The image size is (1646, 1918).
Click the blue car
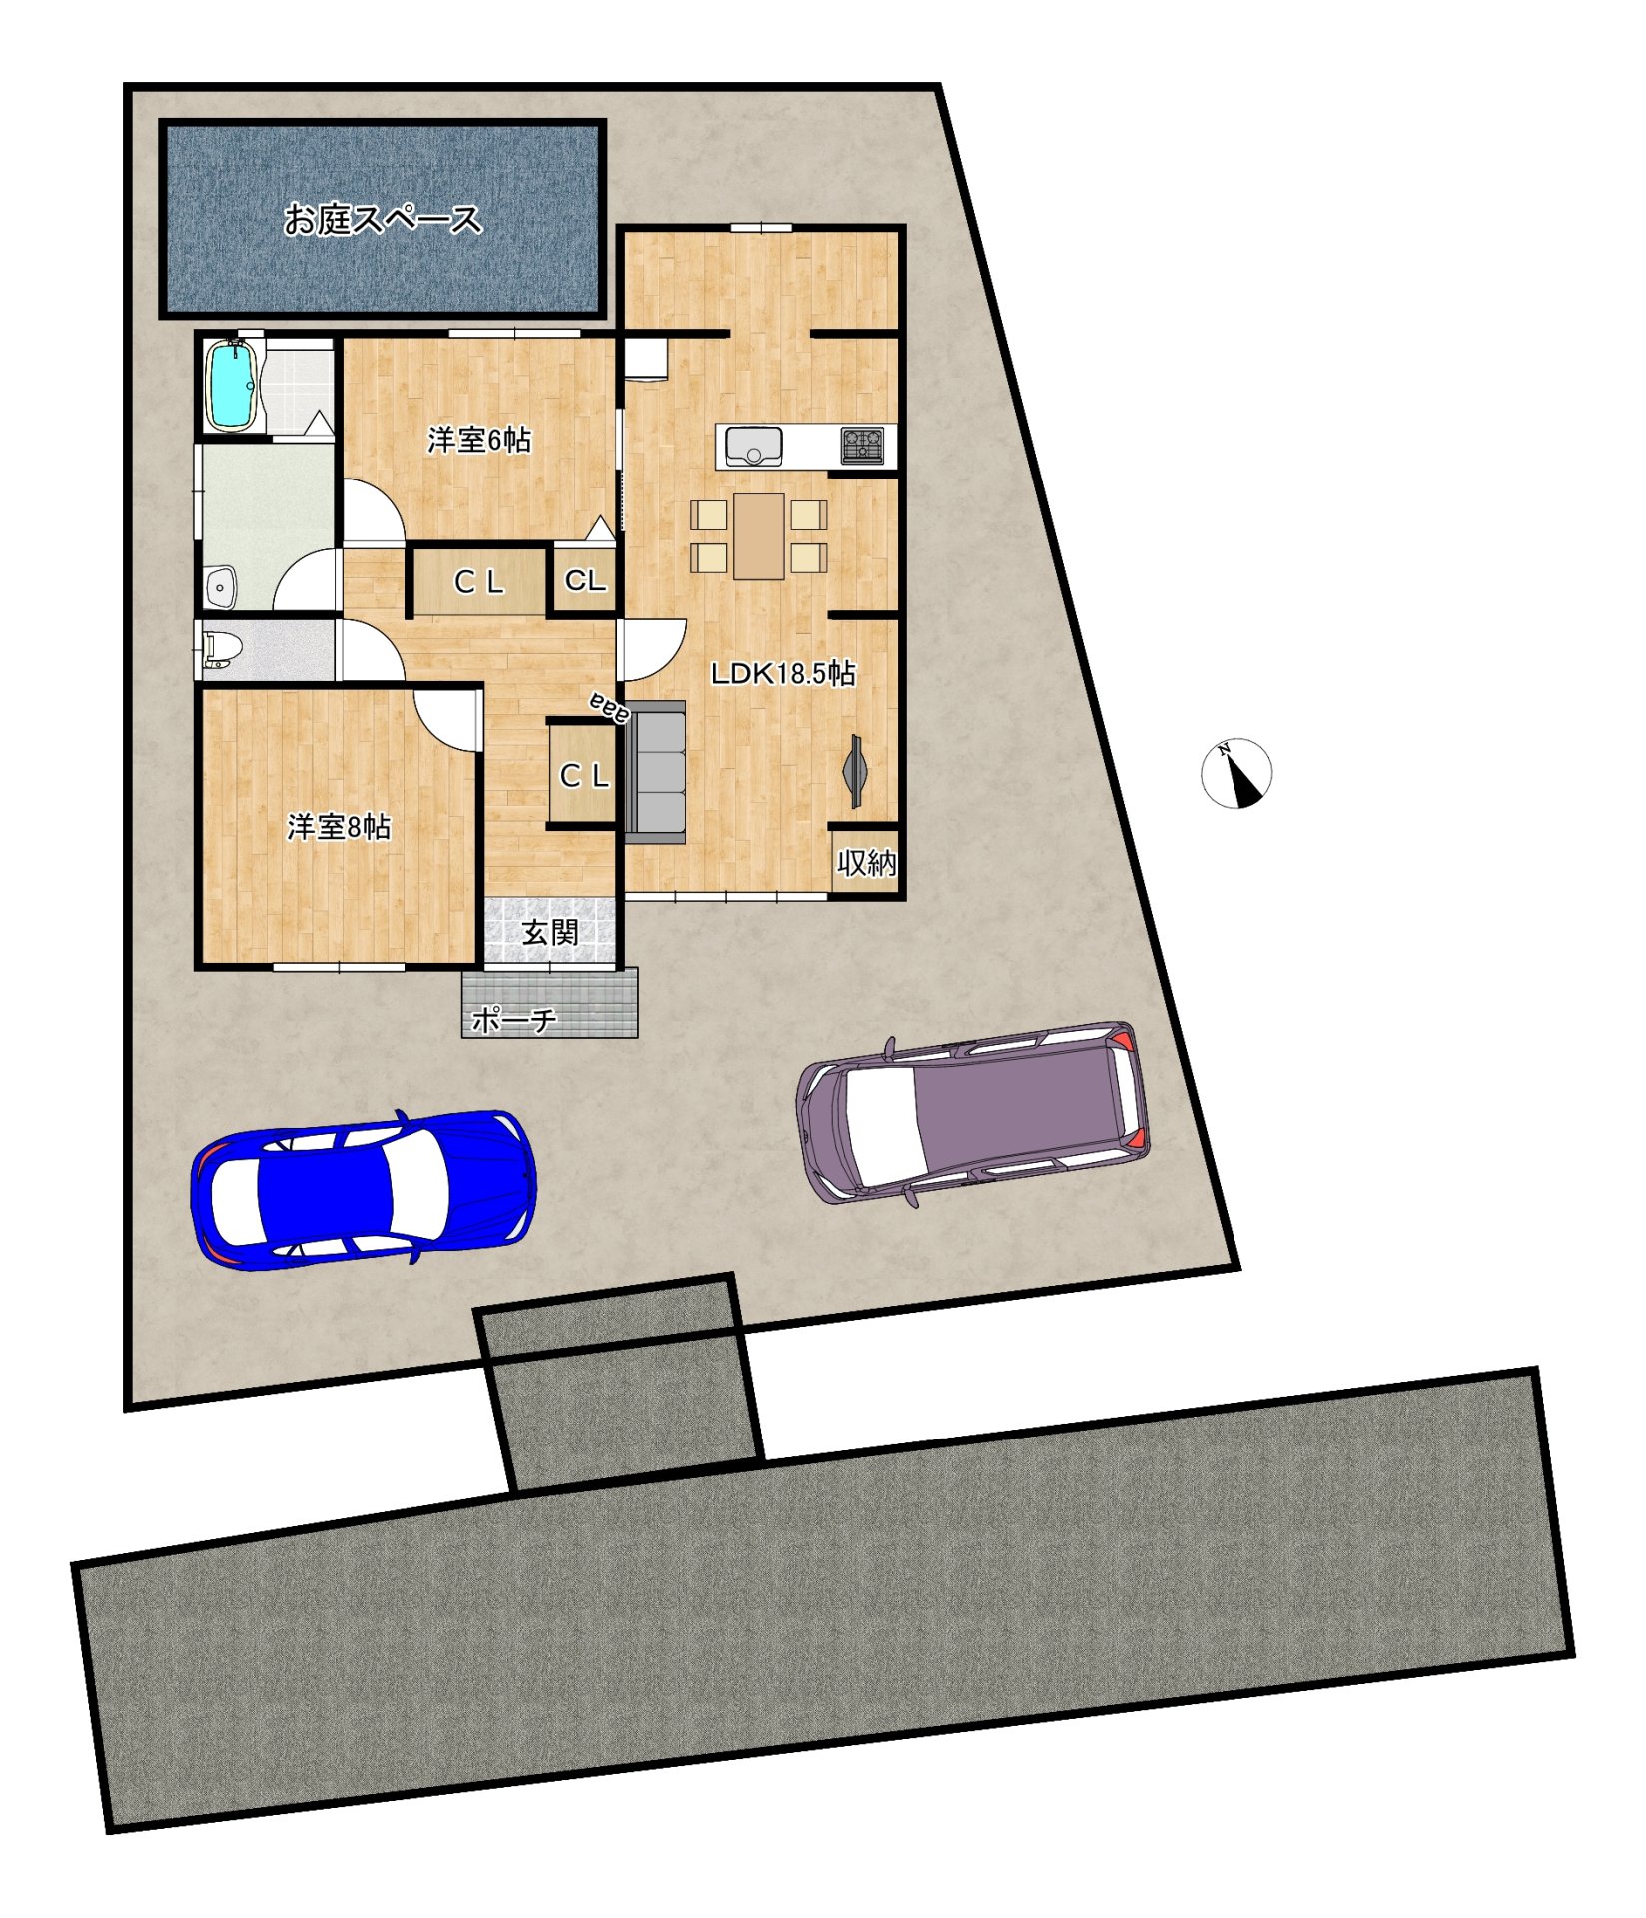coord(364,1189)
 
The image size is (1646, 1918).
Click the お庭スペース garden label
coord(383,219)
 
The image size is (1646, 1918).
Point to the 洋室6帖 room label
coord(479,440)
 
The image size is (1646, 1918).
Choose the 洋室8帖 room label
coord(339,827)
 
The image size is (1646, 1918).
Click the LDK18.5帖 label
coord(783,673)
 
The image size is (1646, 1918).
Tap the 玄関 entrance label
coord(550,933)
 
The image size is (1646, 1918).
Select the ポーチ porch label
coord(513,1020)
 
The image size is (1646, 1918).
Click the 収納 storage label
coord(866,862)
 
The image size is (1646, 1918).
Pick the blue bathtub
coord(233,386)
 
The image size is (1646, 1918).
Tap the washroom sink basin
coord(221,587)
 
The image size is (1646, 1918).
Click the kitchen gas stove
coord(862,446)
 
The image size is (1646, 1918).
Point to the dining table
coord(759,536)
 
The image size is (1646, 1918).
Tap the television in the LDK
coord(855,772)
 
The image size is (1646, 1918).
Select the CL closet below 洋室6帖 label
coord(479,582)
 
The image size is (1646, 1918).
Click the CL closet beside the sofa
coord(584,774)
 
